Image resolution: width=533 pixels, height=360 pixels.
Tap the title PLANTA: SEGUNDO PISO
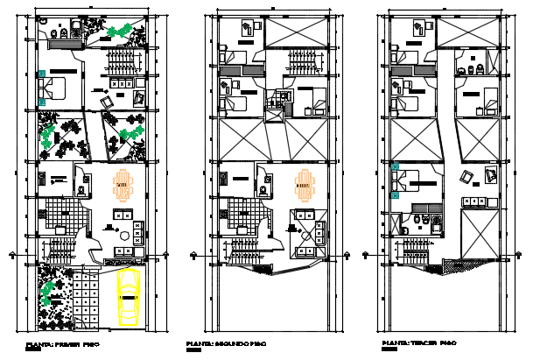226,342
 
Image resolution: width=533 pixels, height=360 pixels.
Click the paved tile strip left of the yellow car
85,298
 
